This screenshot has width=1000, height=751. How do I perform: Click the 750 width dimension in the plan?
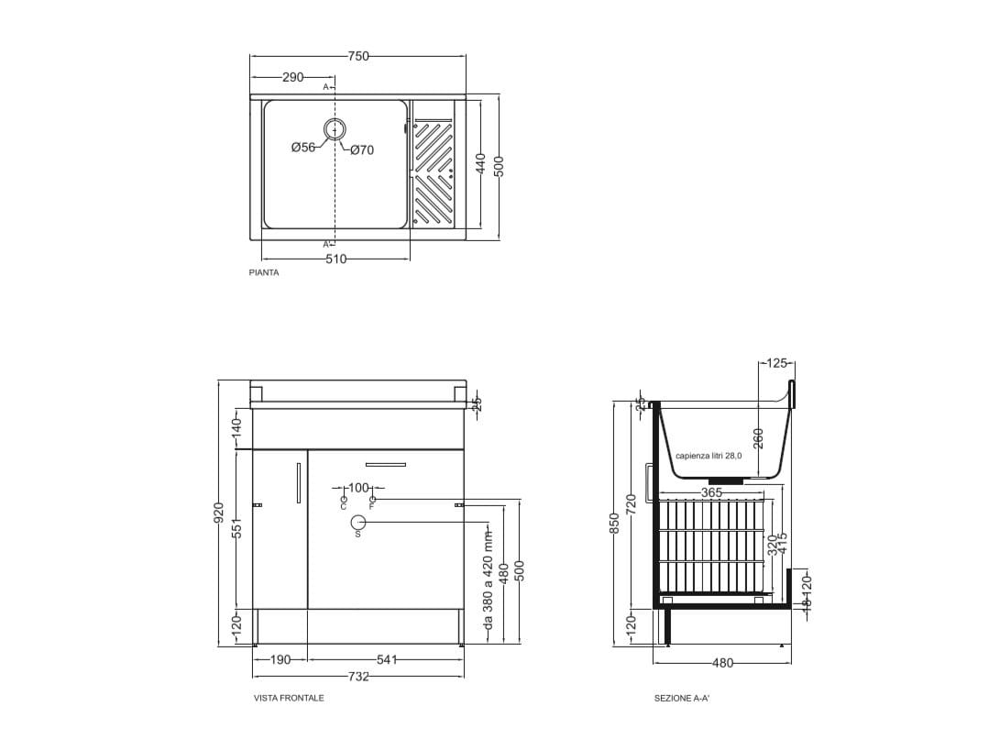358,56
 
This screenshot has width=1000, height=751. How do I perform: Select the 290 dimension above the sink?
292,77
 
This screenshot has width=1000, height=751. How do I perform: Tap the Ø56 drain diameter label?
303,148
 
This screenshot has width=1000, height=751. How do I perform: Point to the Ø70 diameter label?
362,150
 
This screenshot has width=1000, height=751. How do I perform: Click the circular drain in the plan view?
335,130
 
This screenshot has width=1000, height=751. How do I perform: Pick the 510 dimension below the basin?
336,260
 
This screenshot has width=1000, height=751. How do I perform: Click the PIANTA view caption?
264,272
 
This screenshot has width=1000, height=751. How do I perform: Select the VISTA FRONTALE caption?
289,698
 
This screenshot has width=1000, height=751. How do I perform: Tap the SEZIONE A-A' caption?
682,698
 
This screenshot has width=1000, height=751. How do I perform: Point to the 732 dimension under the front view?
358,677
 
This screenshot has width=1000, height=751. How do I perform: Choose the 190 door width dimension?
280,659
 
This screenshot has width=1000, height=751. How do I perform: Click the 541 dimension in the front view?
386,659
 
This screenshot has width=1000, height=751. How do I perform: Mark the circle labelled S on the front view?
358,523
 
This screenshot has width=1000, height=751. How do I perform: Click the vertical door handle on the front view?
299,483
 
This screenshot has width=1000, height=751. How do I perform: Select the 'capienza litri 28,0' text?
709,456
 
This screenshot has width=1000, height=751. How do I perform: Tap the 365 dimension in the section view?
711,493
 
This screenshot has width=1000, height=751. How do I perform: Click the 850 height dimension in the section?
615,523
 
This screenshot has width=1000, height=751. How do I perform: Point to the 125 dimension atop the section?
776,363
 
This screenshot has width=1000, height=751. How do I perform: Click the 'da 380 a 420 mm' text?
489,583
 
